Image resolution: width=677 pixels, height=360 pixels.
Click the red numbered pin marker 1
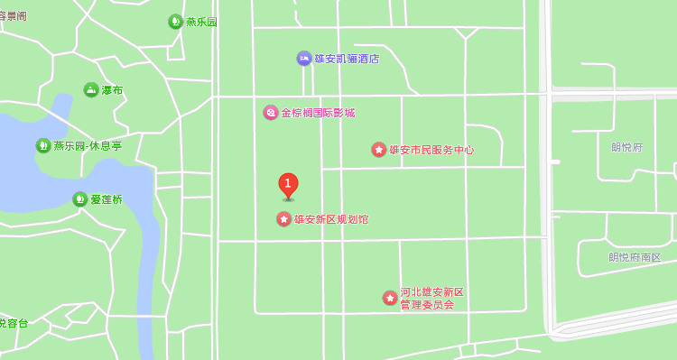288,185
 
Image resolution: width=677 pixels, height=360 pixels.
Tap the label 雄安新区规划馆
331,219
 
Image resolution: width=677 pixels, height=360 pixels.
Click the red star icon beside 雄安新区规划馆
283,219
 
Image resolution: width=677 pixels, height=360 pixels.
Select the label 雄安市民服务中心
431,150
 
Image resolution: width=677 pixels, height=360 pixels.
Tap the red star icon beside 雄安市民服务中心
379,150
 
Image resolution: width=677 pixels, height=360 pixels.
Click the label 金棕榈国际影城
318,113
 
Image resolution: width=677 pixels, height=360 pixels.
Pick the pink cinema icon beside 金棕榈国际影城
271,113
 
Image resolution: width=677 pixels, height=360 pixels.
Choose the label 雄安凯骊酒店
347,59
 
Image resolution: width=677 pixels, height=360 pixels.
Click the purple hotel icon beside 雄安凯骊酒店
304,59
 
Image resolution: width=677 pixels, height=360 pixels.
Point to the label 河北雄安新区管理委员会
431,299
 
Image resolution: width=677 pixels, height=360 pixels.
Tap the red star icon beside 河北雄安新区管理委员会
390,298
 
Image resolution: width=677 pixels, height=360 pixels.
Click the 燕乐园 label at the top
201,22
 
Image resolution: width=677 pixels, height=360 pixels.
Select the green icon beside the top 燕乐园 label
175,22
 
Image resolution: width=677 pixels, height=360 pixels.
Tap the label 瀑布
113,90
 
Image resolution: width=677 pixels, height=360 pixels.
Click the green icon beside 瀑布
91,90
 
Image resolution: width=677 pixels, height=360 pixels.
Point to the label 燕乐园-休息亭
88,146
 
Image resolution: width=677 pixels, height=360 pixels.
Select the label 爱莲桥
107,199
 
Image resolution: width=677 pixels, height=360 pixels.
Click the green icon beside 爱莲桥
80,199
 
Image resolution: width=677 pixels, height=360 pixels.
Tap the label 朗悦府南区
635,257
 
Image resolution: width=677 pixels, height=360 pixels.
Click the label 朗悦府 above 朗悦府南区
626,147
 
